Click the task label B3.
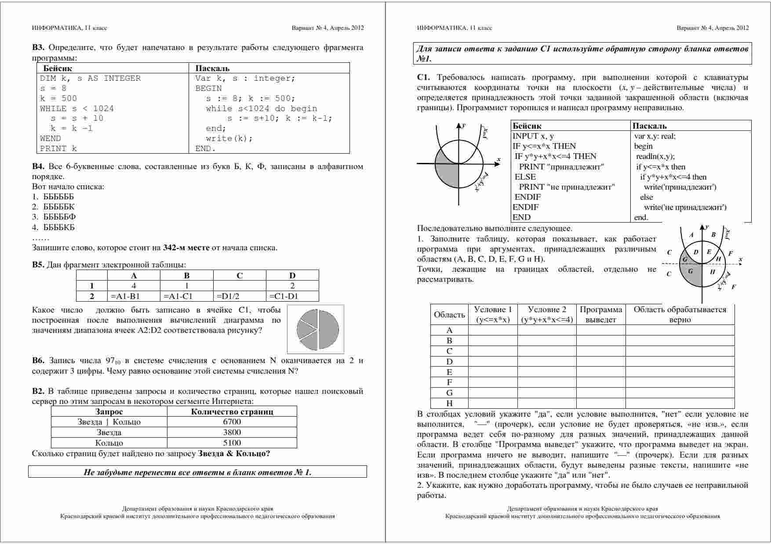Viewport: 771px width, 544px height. pyautogui.click(x=38, y=47)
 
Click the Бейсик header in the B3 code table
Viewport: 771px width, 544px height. pyautogui.click(x=58, y=68)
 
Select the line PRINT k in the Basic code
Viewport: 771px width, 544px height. pyautogui.click(x=58, y=148)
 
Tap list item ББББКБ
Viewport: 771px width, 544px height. pyautogui.click(x=59, y=227)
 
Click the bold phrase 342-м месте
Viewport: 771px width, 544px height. pyautogui.click(x=186, y=248)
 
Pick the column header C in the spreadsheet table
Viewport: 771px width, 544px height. pyautogui.click(x=240, y=276)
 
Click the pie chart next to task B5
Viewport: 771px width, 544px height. pyautogui.click(x=316, y=329)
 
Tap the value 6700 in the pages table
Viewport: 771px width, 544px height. pyautogui.click(x=232, y=422)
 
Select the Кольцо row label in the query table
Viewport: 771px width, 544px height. pyautogui.click(x=109, y=443)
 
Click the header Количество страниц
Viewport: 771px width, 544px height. pyautogui.click(x=232, y=412)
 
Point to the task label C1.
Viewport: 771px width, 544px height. pyautogui.click(x=423, y=78)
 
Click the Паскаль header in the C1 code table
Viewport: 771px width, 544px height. pyautogui.click(x=649, y=126)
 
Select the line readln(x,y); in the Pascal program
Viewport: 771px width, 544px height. pyautogui.click(x=655, y=156)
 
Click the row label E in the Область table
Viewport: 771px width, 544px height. pyautogui.click(x=449, y=372)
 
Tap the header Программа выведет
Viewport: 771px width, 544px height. pyautogui.click(x=601, y=315)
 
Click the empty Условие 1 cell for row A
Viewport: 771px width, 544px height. pyautogui.click(x=493, y=330)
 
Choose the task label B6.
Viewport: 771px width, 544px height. pyautogui.click(x=38, y=361)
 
